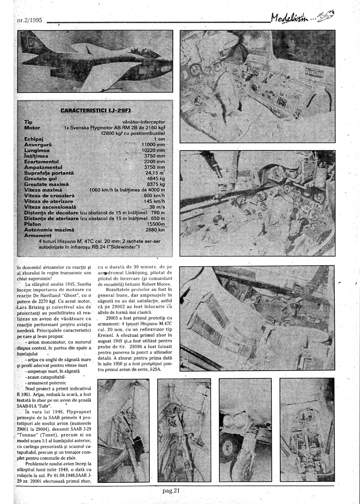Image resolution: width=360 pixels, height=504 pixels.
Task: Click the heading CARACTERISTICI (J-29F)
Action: pyautogui.click(x=92, y=110)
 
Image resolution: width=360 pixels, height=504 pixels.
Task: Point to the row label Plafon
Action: pyautogui.click(x=33, y=224)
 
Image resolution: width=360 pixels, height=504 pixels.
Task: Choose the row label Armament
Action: pyautogui.click(x=38, y=236)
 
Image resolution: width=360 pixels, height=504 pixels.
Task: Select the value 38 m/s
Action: pyautogui.click(x=157, y=207)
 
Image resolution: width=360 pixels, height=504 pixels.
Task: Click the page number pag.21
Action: pyautogui.click(x=172, y=490)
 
